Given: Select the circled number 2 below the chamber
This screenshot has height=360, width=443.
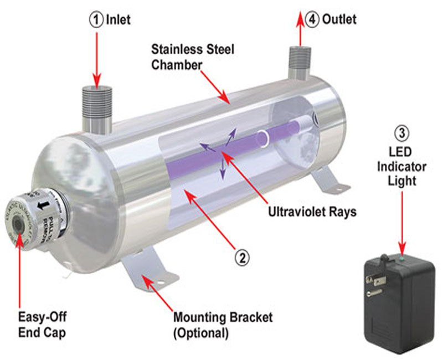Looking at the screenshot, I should tap(242, 257).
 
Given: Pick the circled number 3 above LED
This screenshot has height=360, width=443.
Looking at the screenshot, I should tap(400, 133).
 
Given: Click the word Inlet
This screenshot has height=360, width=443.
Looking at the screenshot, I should tap(119, 20).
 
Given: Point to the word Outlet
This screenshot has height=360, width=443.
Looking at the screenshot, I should tap(338, 20).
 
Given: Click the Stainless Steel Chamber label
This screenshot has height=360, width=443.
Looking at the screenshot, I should tap(193, 56).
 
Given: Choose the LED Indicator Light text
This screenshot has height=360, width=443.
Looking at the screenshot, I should tap(400, 166).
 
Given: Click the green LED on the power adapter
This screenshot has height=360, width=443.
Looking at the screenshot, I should tap(401, 256).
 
